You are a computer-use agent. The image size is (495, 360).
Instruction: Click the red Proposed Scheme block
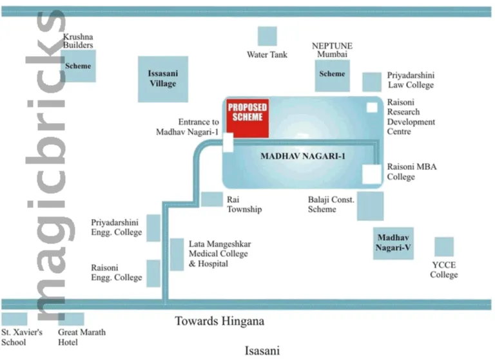tap(247, 118)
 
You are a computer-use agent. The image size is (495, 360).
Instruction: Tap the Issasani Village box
tap(162, 79)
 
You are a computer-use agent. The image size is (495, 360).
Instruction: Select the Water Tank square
tap(267, 37)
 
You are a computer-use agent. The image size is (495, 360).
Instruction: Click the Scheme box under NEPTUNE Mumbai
tap(333, 75)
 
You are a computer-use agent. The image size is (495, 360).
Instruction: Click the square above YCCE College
tap(443, 247)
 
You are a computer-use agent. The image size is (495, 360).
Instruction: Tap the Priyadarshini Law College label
tap(411, 80)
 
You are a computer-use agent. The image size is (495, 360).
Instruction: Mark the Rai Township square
tap(211, 199)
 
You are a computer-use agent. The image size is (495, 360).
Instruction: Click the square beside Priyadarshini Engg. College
tap(153, 228)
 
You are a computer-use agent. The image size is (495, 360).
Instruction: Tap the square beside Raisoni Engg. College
tap(153, 273)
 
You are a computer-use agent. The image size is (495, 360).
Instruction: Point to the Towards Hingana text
tap(220, 321)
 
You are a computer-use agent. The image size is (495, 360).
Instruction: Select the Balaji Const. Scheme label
tap(331, 204)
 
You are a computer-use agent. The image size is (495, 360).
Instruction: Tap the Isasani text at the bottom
tap(262, 351)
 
